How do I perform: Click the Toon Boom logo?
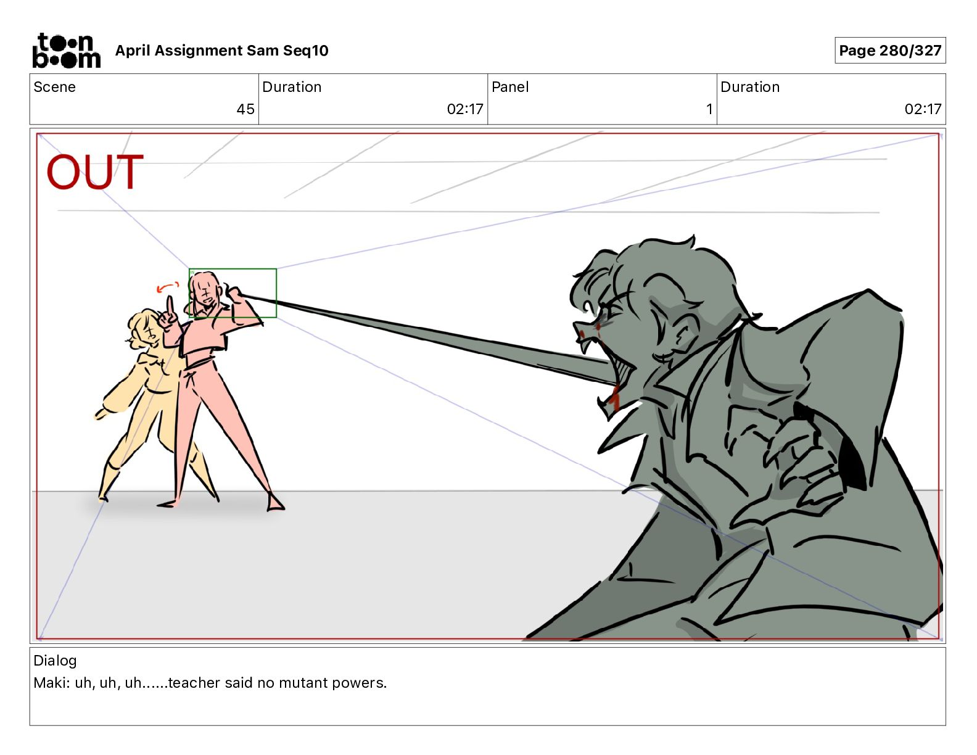point(67,51)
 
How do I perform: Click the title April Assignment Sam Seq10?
point(221,51)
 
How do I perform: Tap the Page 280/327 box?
point(890,51)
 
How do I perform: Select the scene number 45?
point(245,109)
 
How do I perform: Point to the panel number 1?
point(709,109)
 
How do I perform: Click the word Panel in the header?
point(510,87)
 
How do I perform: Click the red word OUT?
point(95,171)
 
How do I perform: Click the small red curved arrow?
point(167,286)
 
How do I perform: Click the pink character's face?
point(205,289)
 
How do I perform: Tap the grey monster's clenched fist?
point(805,454)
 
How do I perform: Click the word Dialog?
point(55,661)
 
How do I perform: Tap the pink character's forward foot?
point(274,502)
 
